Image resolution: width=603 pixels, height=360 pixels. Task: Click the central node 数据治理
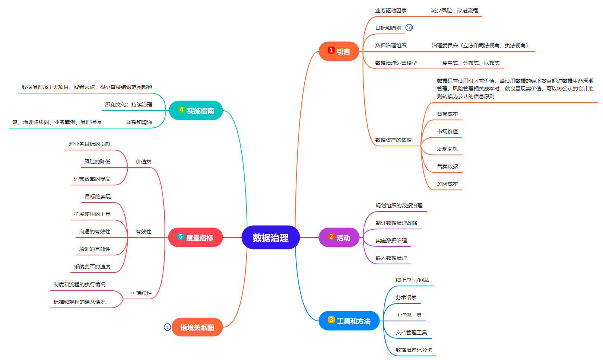270,238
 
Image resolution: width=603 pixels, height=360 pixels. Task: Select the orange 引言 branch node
339,51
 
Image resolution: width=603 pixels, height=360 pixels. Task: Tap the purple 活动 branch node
339,238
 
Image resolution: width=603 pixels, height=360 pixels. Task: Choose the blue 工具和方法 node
349,321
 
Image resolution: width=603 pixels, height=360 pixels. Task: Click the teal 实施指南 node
196,111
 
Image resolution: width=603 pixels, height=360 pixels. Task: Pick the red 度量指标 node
196,238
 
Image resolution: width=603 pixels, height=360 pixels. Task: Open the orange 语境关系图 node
197,327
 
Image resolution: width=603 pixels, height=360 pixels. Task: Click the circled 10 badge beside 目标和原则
409,28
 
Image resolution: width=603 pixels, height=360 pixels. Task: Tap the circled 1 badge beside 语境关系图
167,327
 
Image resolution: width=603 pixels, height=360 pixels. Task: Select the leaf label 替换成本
447,114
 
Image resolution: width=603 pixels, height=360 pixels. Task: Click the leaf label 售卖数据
447,166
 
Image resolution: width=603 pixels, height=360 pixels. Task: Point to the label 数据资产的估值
393,140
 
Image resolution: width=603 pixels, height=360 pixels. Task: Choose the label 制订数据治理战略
396,223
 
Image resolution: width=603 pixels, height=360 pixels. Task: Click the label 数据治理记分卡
414,350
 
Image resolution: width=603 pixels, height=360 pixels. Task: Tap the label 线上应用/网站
412,280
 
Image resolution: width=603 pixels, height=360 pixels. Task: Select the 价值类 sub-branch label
143,162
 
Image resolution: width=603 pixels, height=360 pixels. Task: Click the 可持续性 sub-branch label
141,293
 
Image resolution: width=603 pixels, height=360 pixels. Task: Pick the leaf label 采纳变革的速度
92,267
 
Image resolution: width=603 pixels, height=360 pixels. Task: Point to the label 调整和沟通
139,122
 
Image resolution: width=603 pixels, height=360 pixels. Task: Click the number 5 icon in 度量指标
181,236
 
